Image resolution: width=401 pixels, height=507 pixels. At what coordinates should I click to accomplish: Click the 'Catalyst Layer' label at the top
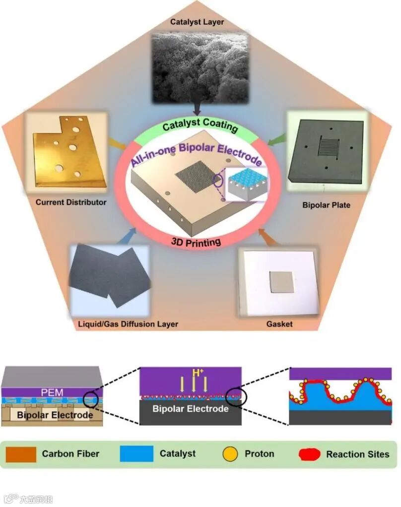pyautogui.click(x=197, y=22)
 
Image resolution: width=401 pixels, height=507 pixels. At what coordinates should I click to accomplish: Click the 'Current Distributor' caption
pyautogui.click(x=71, y=202)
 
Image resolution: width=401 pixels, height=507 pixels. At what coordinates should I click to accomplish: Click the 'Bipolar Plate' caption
pyautogui.click(x=326, y=205)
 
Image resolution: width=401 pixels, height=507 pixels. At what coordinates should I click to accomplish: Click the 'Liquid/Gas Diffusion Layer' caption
pyautogui.click(x=128, y=324)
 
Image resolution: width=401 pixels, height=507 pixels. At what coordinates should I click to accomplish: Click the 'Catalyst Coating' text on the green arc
pyautogui.click(x=200, y=125)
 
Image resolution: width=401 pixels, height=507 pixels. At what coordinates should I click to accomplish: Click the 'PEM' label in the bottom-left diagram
pyautogui.click(x=52, y=393)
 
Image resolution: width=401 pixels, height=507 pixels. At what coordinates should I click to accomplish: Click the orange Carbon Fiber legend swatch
pyautogui.click(x=21, y=454)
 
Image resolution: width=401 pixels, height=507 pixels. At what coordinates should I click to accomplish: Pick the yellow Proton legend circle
pyautogui.click(x=230, y=454)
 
